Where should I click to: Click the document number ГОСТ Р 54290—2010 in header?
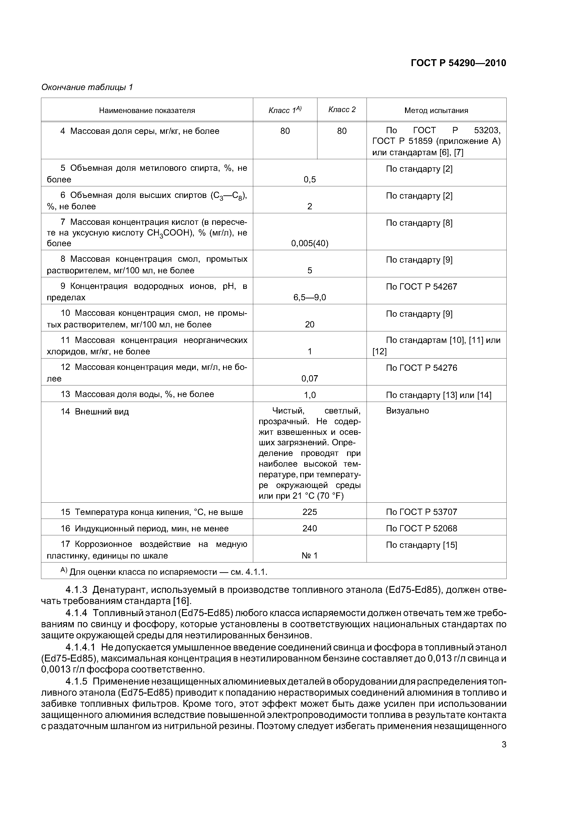click(x=458, y=63)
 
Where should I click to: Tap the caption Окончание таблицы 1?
click(x=87, y=87)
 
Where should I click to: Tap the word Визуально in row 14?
click(x=407, y=411)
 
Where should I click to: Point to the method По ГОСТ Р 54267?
click(x=421, y=287)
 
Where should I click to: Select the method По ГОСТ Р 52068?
click(x=421, y=529)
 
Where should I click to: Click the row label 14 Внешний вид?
click(x=95, y=412)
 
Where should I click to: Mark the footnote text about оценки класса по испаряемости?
click(x=168, y=572)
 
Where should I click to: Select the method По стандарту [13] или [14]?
click(x=438, y=395)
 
